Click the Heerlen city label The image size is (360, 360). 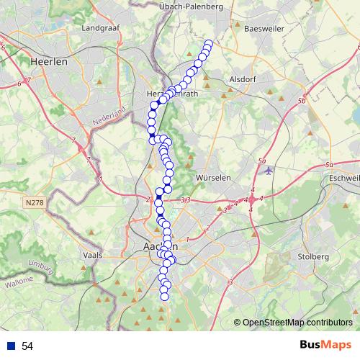click(x=48, y=62)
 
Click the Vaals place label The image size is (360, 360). click(x=94, y=255)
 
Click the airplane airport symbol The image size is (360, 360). click(x=269, y=171)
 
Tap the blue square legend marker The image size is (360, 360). click(x=9, y=346)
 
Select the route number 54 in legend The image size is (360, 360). click(x=27, y=346)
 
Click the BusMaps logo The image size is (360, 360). click(x=325, y=345)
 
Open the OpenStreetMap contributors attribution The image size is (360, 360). click(x=296, y=323)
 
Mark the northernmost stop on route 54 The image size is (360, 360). click(x=210, y=44)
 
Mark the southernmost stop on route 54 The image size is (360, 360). click(x=164, y=296)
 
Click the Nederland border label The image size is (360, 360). click(x=108, y=117)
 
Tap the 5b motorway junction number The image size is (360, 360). click(x=302, y=101)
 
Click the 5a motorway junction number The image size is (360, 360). click(x=261, y=161)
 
